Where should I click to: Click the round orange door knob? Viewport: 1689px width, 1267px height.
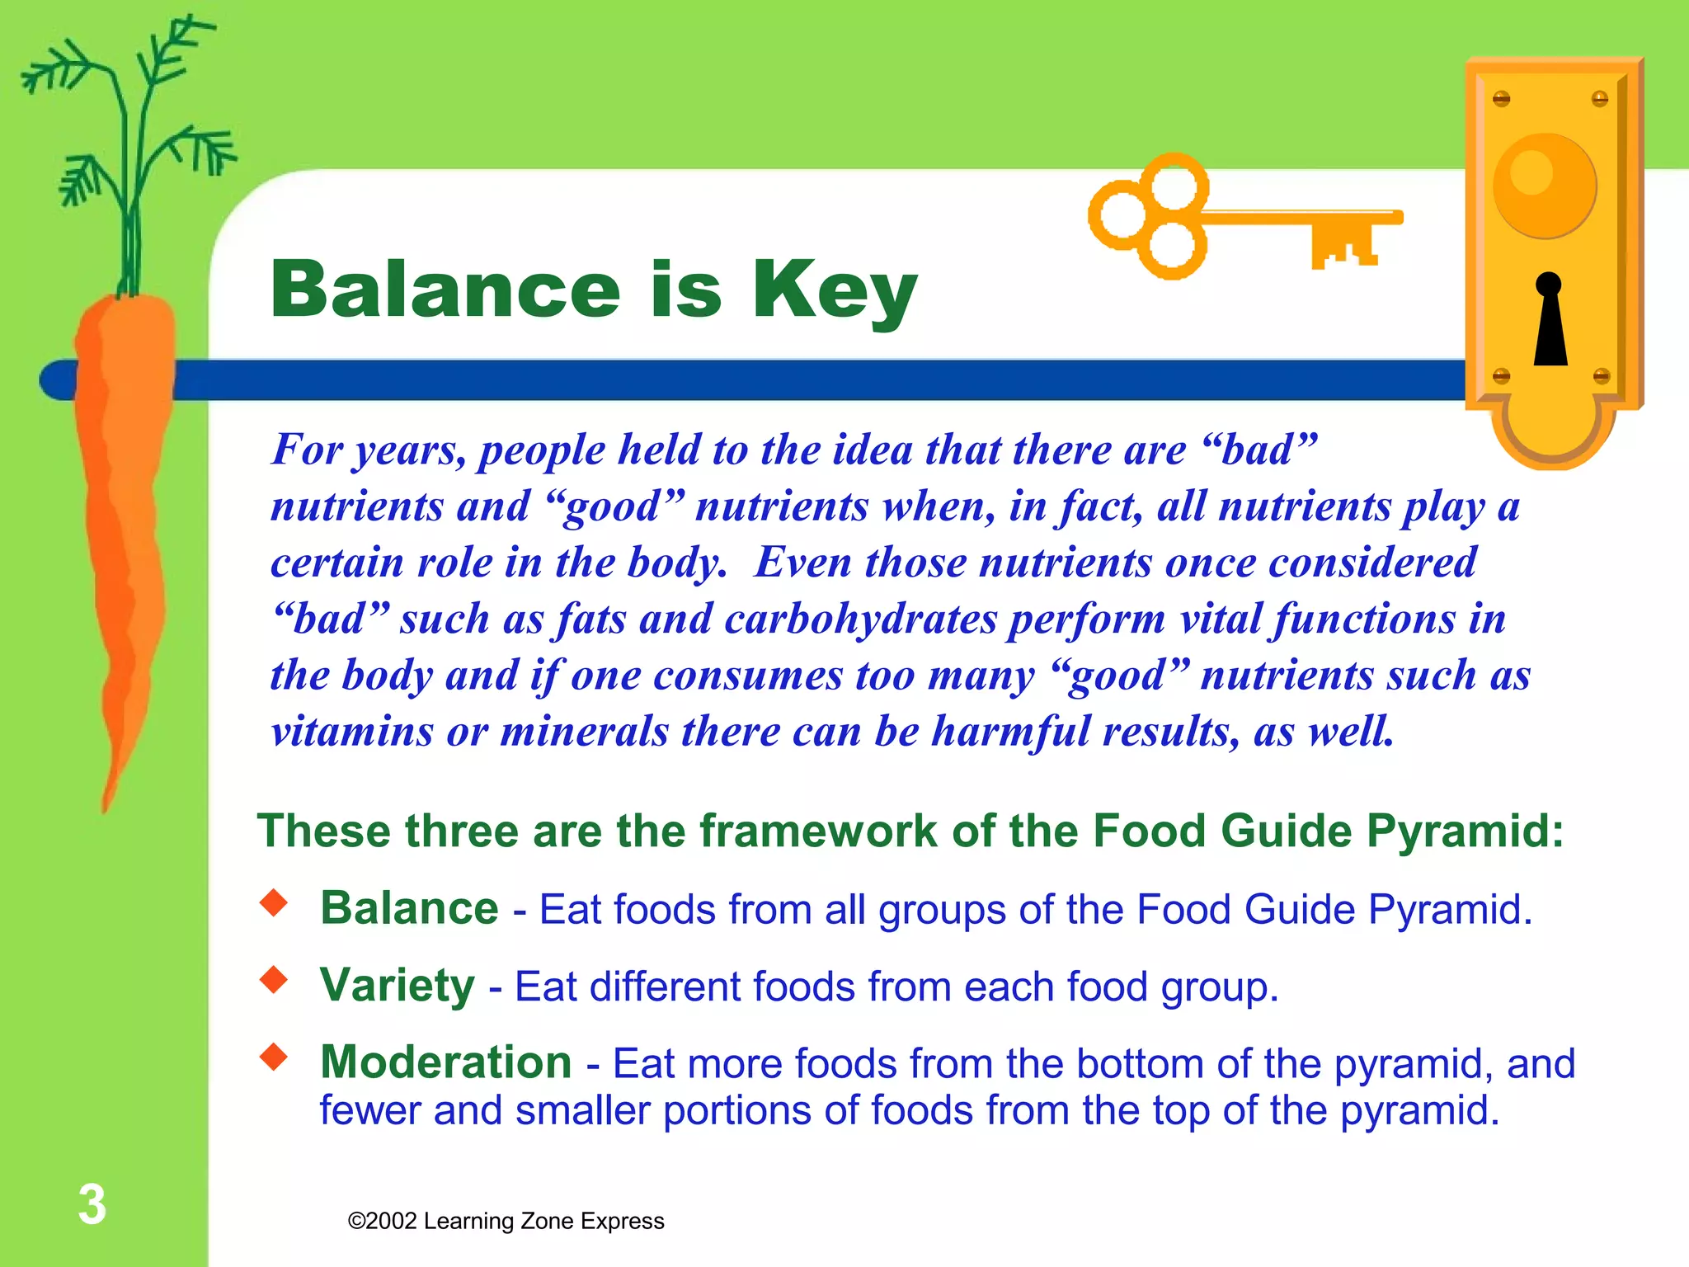point(1544,186)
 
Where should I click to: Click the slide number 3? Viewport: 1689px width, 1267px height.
point(92,1204)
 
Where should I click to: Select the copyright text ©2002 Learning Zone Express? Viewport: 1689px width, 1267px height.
point(506,1221)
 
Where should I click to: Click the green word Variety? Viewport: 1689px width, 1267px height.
point(397,985)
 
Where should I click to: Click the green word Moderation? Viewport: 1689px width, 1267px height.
point(445,1062)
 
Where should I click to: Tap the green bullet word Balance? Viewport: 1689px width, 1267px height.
point(409,908)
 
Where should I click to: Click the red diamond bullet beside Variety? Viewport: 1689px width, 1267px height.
point(274,979)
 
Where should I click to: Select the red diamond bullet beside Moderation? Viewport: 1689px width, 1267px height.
point(274,1056)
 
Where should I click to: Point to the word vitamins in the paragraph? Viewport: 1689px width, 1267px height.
point(351,731)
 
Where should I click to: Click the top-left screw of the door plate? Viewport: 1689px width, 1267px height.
point(1501,99)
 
